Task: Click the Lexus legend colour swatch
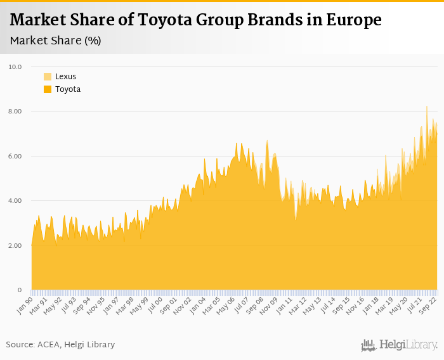click(x=48, y=77)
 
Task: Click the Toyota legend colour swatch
click(x=48, y=89)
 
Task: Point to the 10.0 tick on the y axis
click(x=15, y=67)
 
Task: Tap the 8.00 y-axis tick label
click(x=15, y=112)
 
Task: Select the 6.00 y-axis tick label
click(x=15, y=156)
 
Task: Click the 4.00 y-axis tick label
click(x=15, y=201)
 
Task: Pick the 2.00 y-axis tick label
click(x=15, y=245)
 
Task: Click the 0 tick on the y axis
click(x=20, y=290)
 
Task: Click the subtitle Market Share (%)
click(x=56, y=41)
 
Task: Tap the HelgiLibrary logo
click(x=400, y=345)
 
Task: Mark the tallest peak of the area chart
click(x=427, y=106)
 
